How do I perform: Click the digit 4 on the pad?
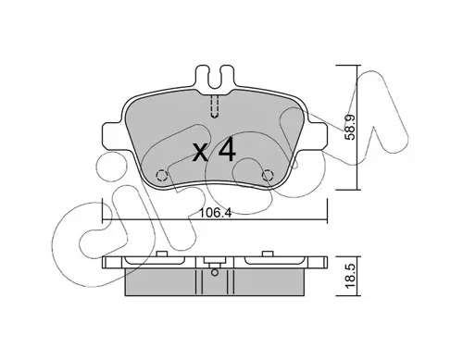(227, 151)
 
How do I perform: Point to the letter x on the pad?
(200, 154)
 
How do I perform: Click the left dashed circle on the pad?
(161, 176)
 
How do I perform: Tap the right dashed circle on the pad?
(268, 176)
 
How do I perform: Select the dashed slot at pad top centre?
(215, 106)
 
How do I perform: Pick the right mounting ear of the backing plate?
(319, 136)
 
